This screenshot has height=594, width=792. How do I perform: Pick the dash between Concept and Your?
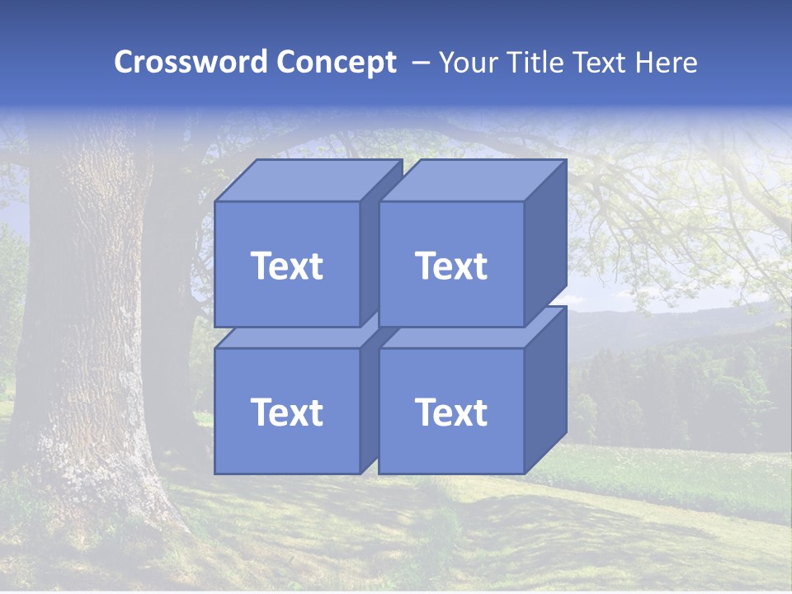(x=419, y=63)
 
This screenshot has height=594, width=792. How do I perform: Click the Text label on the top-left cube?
(x=286, y=266)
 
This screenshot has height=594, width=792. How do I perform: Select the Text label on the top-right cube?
(x=451, y=266)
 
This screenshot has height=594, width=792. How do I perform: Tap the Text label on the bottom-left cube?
(x=286, y=412)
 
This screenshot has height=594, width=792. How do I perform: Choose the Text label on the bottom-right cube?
(x=451, y=412)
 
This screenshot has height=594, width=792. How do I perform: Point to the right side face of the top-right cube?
(x=545, y=239)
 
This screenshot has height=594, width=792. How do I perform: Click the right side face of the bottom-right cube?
(x=545, y=388)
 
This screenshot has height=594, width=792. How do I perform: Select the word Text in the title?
(x=602, y=63)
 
